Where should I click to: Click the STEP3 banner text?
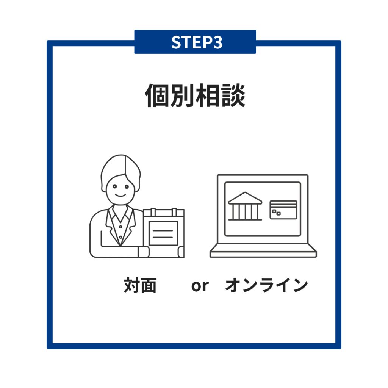(x=197, y=42)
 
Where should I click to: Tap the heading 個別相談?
(x=195, y=95)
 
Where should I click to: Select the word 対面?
(x=140, y=285)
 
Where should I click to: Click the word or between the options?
(x=200, y=286)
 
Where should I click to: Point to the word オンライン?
(x=266, y=285)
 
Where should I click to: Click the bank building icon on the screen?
(x=245, y=206)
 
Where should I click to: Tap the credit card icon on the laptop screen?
(x=283, y=210)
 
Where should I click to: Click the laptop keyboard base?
(x=263, y=251)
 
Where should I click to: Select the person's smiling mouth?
(x=120, y=196)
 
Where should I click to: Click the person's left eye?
(x=114, y=186)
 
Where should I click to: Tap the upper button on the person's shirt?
(x=120, y=227)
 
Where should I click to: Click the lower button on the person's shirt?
(x=120, y=237)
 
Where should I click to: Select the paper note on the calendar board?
(x=163, y=233)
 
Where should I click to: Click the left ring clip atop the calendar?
(x=153, y=212)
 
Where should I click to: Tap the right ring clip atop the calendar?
(x=174, y=212)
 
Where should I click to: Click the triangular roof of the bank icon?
(x=245, y=198)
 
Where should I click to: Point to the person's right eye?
(x=127, y=186)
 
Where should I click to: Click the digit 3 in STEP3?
(x=218, y=42)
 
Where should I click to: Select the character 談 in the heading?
(x=233, y=95)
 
